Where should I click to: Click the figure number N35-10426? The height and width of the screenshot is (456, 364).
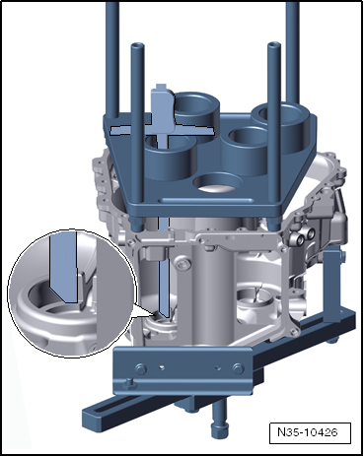pos(308,431)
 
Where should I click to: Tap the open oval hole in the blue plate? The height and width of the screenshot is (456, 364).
pos(218,183)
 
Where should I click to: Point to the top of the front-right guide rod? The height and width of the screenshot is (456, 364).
pos(274,45)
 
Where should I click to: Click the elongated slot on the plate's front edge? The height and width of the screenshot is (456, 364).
pos(206,200)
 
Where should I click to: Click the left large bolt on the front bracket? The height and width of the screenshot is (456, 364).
pos(140,369)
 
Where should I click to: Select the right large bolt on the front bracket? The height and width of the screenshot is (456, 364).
pos(238,369)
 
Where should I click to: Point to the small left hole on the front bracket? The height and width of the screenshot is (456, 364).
pos(161,367)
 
